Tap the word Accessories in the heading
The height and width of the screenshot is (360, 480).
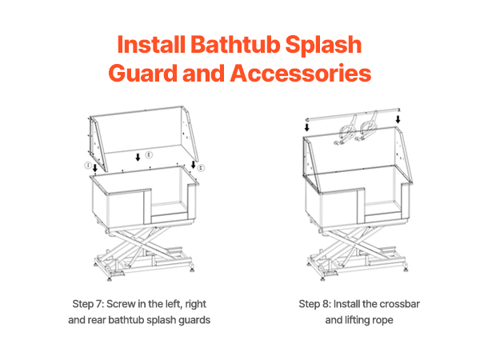tap(301, 74)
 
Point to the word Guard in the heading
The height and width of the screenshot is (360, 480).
tap(143, 74)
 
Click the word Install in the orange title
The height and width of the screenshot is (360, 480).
tap(151, 44)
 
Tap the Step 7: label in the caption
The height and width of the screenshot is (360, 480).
tap(88, 304)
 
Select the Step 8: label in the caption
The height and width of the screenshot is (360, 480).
tap(314, 304)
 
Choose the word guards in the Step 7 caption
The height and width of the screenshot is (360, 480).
tap(194, 320)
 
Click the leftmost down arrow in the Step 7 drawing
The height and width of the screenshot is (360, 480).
tap(95, 168)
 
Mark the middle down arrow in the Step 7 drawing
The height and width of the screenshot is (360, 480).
tap(138, 158)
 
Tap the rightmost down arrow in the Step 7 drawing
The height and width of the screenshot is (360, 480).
tap(193, 164)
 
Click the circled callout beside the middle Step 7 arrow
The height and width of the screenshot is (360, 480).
tap(149, 154)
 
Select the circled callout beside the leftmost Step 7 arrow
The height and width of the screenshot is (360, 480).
tap(88, 166)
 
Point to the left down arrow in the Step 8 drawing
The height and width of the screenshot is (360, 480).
tap(306, 127)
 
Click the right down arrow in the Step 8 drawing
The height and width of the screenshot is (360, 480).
tap(398, 119)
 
